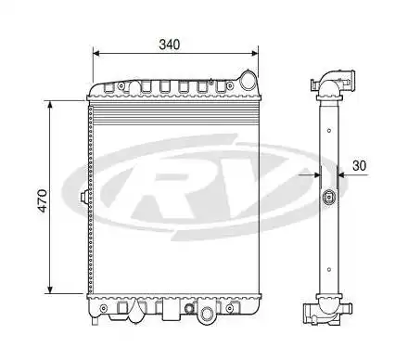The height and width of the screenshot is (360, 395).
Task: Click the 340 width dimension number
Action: (169, 45)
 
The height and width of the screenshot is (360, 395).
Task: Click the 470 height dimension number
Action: (43, 200)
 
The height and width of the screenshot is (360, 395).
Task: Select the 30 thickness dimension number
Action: (360, 166)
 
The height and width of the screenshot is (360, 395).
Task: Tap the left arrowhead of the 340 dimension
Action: (96, 54)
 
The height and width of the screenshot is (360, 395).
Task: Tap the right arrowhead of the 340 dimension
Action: (255, 54)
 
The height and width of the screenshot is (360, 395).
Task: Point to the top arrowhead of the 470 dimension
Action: (50, 104)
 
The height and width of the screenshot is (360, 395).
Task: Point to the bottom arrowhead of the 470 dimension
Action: (50, 289)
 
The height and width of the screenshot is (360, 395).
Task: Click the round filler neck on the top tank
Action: (248, 81)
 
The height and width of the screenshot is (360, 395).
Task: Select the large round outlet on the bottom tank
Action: (207, 314)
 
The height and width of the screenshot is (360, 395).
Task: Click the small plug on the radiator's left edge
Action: (83, 197)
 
